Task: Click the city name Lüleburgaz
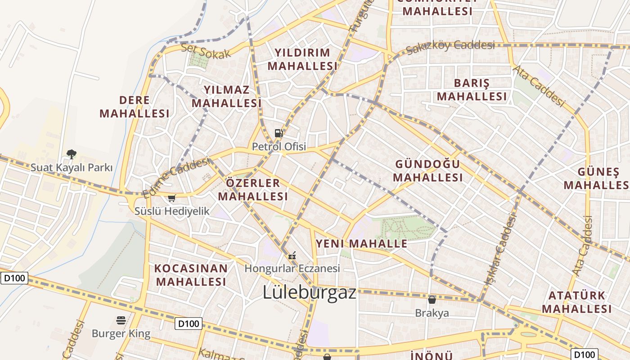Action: click(x=309, y=292)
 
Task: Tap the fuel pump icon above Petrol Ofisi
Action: click(x=279, y=133)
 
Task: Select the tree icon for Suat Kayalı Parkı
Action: click(x=71, y=154)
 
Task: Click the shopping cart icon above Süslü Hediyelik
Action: click(x=171, y=198)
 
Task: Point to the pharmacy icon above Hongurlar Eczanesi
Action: click(x=292, y=256)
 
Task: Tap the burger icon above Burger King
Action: click(x=121, y=320)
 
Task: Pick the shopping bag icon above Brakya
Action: click(x=432, y=299)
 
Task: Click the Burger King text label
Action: click(x=121, y=334)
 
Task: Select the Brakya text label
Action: click(x=432, y=313)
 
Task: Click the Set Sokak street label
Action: click(x=206, y=51)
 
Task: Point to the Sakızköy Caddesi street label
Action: click(x=450, y=46)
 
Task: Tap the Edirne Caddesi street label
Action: click(x=176, y=177)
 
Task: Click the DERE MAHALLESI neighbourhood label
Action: click(x=135, y=107)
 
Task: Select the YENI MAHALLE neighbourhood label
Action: click(x=361, y=244)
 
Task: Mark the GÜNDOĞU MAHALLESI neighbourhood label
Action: click(x=427, y=171)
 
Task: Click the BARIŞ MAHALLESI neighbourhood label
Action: click(x=472, y=90)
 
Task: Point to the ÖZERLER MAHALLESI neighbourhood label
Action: click(x=253, y=189)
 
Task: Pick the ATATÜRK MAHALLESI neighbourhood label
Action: click(x=576, y=302)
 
